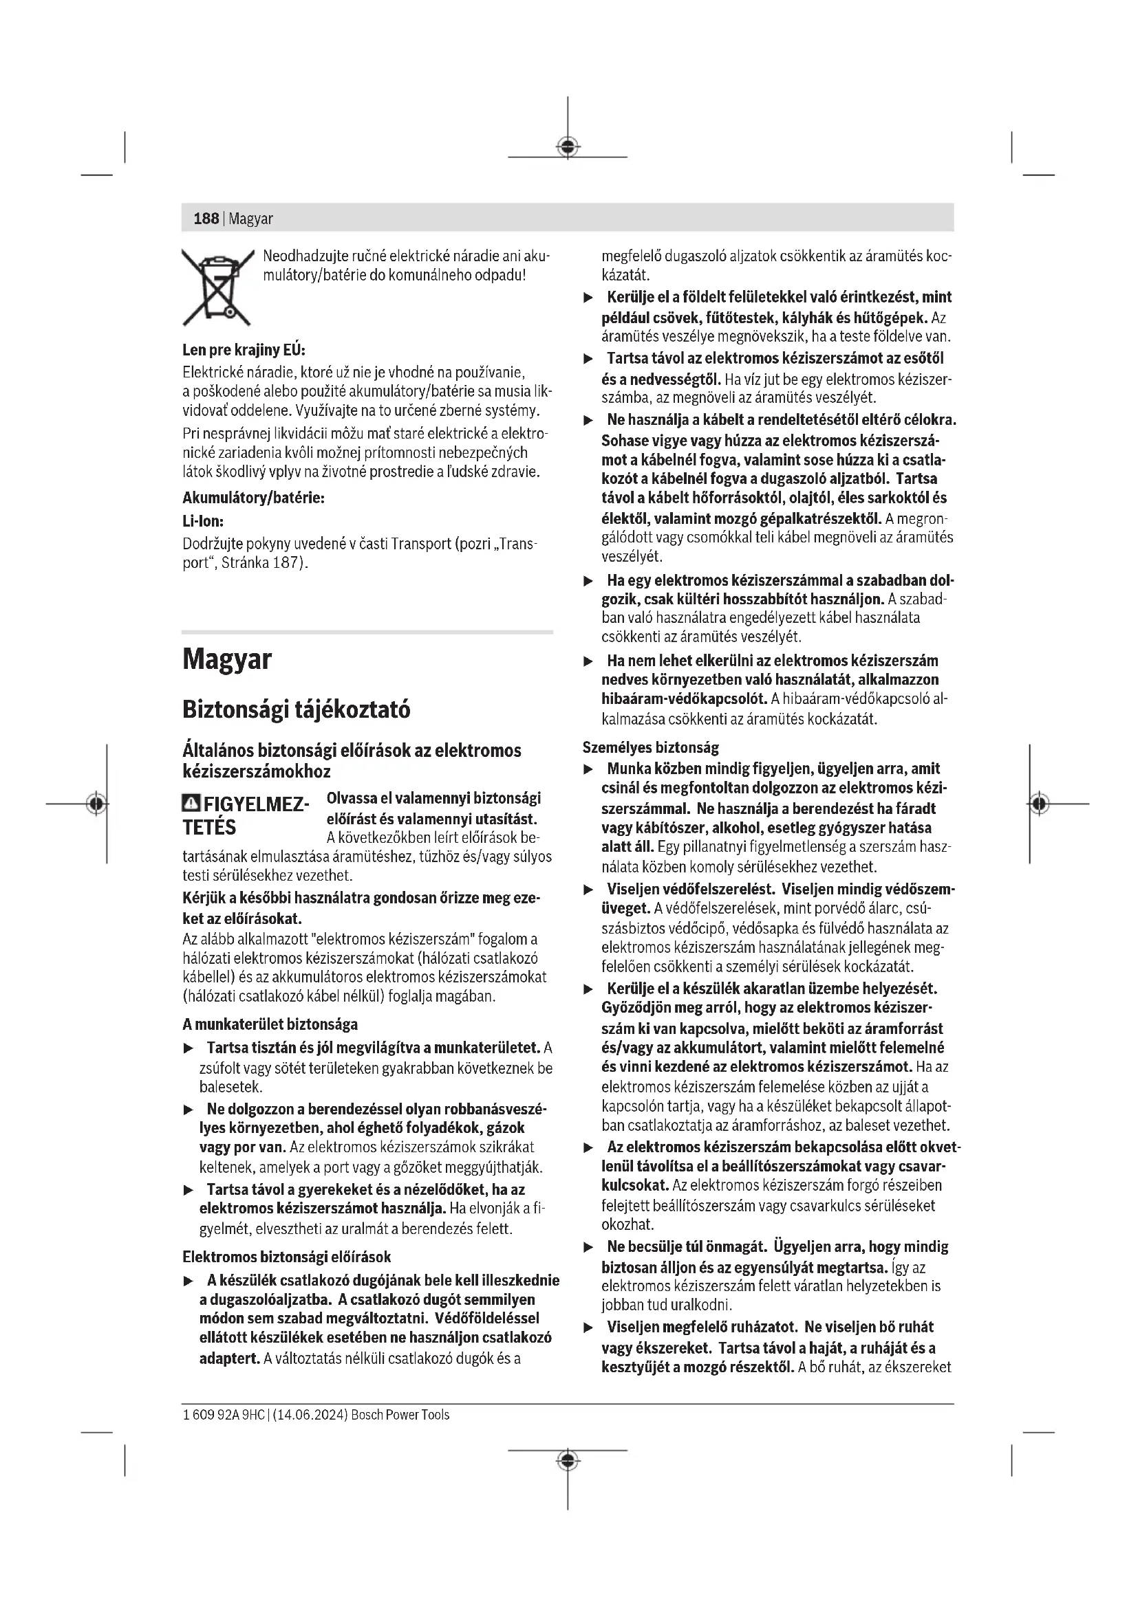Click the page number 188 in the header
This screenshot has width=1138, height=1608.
tap(206, 219)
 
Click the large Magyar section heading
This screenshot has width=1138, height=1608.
tap(226, 659)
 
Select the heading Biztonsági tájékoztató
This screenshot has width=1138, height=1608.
tap(296, 709)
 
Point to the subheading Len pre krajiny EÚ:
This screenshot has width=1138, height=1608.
tap(243, 350)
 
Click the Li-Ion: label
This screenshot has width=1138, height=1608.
tap(202, 521)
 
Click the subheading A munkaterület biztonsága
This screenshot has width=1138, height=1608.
tap(270, 1024)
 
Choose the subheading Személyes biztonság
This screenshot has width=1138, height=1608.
tap(650, 747)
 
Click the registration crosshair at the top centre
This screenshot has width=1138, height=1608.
tap(568, 146)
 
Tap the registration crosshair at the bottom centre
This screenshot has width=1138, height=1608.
tap(568, 1460)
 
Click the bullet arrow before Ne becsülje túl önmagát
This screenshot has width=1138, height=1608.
tap(589, 1247)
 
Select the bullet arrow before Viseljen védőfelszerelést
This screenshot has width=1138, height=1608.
tap(589, 890)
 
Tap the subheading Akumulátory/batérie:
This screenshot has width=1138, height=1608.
tap(253, 498)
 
